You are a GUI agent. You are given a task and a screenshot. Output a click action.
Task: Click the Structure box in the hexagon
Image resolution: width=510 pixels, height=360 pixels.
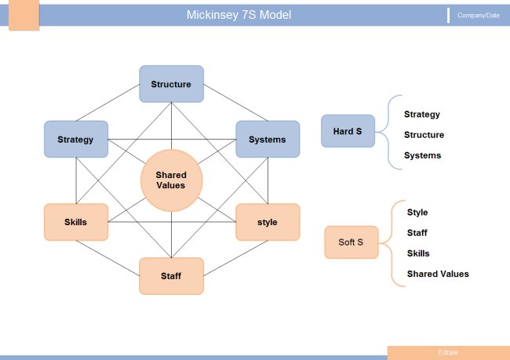(x=171, y=84)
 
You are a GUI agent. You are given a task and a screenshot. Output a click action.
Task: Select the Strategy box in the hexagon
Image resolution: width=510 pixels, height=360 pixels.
(x=75, y=140)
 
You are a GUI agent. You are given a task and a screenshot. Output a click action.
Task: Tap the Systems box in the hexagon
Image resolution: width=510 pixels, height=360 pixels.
(x=268, y=140)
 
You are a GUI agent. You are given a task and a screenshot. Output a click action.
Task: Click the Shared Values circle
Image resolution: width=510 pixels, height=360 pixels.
(x=171, y=180)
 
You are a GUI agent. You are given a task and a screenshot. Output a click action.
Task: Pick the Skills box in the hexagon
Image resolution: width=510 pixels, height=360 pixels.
(x=75, y=222)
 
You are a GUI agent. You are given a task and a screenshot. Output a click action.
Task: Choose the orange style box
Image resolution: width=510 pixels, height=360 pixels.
(x=268, y=222)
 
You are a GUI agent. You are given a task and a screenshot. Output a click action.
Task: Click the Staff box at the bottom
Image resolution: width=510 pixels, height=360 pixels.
(x=171, y=276)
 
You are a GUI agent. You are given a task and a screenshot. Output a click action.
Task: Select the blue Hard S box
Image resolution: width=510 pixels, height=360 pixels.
(x=348, y=132)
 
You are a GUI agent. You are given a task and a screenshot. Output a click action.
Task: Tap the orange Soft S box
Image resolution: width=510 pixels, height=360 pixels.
(x=351, y=242)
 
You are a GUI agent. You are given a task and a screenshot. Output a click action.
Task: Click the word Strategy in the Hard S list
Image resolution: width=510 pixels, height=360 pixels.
(x=422, y=115)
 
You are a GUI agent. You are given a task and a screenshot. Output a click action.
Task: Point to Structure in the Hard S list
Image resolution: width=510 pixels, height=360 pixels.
(x=424, y=135)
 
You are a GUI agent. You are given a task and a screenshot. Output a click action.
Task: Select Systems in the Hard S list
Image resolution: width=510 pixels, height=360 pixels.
(x=422, y=155)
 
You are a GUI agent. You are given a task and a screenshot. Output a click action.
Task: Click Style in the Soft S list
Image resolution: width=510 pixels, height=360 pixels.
(x=417, y=213)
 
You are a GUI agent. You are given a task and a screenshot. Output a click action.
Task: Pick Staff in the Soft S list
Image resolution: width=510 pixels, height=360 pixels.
(x=417, y=233)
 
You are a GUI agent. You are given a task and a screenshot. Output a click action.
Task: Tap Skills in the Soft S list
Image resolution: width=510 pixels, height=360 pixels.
(x=418, y=253)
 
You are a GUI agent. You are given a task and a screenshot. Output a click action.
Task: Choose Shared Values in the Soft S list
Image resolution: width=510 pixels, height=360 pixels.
(x=438, y=274)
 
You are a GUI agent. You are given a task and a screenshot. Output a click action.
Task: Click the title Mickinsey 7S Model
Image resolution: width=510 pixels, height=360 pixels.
(x=239, y=15)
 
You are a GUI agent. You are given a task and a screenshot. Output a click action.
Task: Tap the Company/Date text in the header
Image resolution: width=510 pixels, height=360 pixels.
(x=478, y=16)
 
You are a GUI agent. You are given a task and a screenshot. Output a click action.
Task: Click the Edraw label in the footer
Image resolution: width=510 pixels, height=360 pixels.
(x=448, y=352)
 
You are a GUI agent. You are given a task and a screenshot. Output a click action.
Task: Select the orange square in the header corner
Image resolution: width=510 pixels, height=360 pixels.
(x=24, y=16)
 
